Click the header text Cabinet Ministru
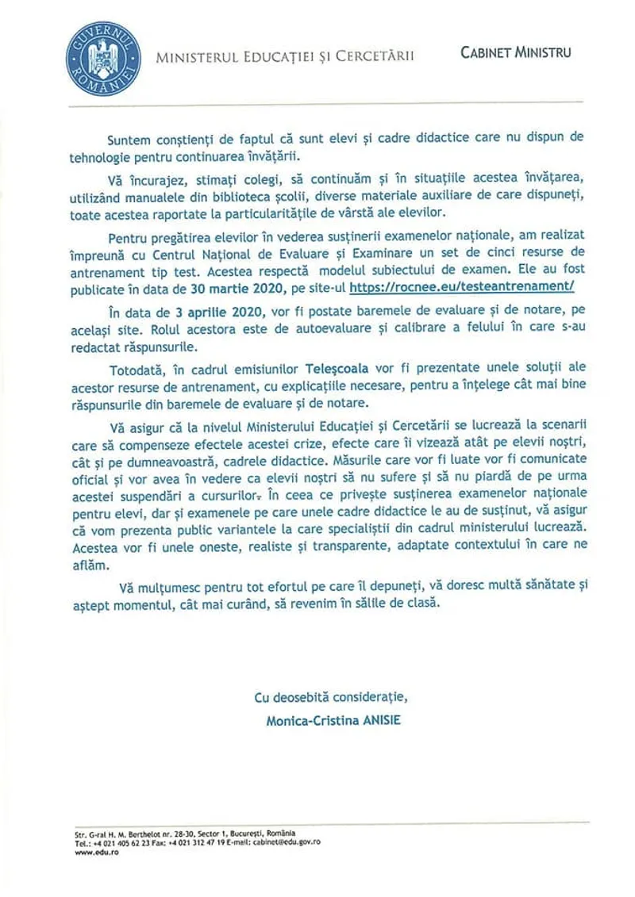pos(515,53)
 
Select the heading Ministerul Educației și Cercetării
pos(285,56)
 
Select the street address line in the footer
pos(181,834)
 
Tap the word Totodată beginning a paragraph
pos(133,370)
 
